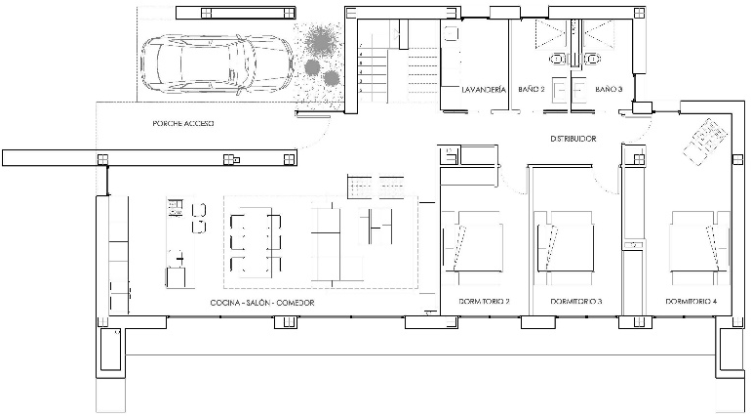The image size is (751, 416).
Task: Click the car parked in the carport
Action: (217, 63)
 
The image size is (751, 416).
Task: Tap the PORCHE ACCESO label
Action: (183, 123)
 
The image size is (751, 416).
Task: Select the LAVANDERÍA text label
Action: (484, 89)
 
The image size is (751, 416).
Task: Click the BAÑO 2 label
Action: (532, 89)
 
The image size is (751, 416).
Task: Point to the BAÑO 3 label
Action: (609, 89)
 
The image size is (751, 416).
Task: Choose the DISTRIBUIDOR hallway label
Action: (573, 139)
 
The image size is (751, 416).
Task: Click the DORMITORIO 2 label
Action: (484, 302)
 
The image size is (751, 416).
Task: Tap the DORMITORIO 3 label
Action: (576, 302)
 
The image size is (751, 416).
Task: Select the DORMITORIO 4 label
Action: (692, 302)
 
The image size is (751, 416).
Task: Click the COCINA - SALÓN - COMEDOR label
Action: (262, 303)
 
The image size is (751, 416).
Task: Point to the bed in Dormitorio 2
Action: (473, 241)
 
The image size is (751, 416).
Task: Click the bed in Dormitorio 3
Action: (565, 241)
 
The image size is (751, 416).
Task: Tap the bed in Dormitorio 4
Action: (700, 241)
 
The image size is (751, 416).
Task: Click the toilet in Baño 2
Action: (556, 60)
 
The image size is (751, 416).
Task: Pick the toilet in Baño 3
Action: (593, 60)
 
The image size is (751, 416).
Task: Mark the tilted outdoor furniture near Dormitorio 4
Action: (705, 141)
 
